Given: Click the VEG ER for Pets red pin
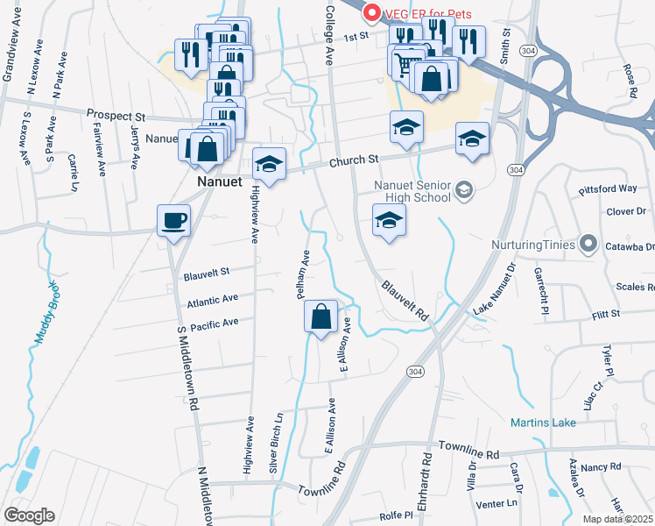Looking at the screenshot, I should pyautogui.click(x=371, y=12).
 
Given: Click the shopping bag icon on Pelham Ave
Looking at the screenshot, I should pyautogui.click(x=321, y=316).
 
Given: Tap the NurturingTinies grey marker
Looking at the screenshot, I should pyautogui.click(x=591, y=245).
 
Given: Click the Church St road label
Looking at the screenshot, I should pyautogui.click(x=354, y=160).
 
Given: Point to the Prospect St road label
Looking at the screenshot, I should pyautogui.click(x=116, y=115).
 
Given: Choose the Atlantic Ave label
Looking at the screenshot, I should pyautogui.click(x=212, y=300).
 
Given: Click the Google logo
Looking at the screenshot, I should pyautogui.click(x=29, y=515).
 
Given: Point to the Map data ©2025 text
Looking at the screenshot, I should pyautogui.click(x=618, y=519).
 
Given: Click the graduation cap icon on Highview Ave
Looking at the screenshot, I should pyautogui.click(x=269, y=165).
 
